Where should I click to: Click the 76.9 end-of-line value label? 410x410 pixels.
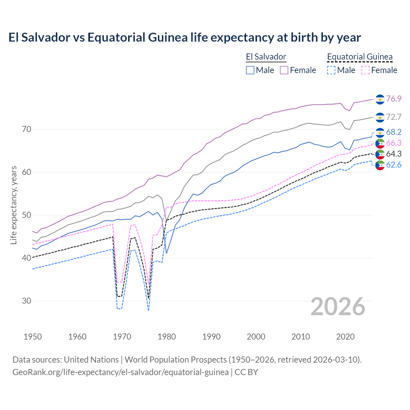click(394, 99)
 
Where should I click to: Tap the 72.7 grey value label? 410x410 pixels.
click(394, 117)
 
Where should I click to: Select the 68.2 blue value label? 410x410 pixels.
click(394, 132)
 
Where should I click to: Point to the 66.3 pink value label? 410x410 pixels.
click(394, 143)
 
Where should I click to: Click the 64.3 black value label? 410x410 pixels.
click(394, 154)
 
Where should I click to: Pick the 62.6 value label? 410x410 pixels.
click(394, 165)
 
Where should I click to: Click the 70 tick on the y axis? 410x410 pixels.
click(27, 129)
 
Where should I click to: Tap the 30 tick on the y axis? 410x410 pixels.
click(27, 301)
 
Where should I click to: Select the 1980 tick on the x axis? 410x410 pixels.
click(167, 337)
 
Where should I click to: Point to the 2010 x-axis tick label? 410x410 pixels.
click(301, 337)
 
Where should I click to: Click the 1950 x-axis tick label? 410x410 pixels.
click(33, 337)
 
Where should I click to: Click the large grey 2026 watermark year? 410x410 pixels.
click(338, 307)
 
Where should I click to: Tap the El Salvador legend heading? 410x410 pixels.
click(266, 57)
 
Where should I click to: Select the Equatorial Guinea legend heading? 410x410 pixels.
click(360, 57)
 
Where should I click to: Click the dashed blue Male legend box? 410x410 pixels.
click(331, 70)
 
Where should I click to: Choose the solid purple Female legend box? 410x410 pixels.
click(284, 70)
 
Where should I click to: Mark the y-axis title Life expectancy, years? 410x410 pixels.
click(13, 205)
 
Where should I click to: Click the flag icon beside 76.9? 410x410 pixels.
click(380, 99)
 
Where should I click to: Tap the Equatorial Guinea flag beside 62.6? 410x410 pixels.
click(380, 166)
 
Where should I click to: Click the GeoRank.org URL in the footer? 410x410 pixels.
click(120, 372)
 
